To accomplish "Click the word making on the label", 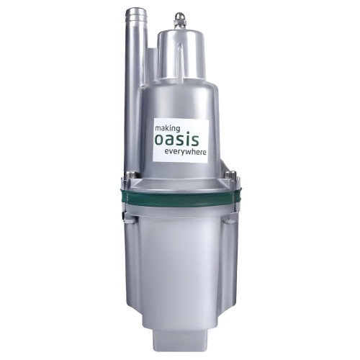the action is tap(167, 129).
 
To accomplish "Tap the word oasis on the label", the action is tap(177, 140).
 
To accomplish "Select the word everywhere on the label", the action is tap(184, 152).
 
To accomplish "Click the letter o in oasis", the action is tap(160, 140).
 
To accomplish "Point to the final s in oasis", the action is tap(194, 140).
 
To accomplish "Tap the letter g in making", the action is tap(177, 130).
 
